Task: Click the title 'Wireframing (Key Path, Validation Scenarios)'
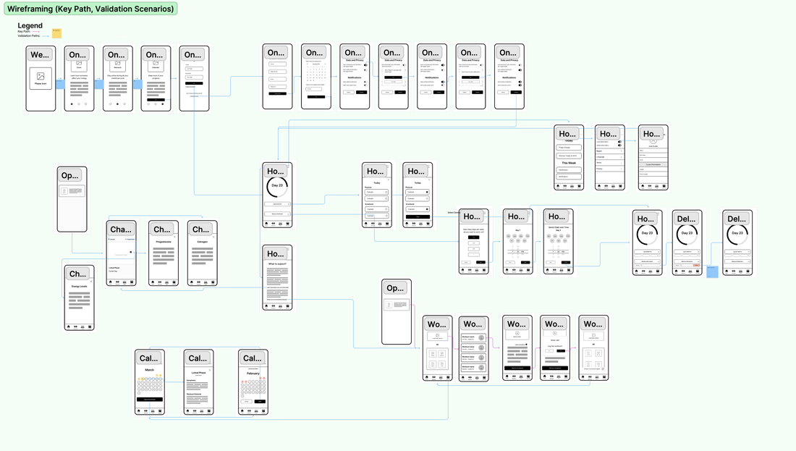[x=90, y=9]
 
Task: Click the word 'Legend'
[x=30, y=26]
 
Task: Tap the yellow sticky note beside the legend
[x=56, y=33]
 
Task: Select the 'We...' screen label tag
[x=40, y=55]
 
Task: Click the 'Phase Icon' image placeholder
[x=41, y=78]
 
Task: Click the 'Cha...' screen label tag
[x=121, y=229]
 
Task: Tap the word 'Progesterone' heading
[x=164, y=243]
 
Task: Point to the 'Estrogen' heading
[x=202, y=243]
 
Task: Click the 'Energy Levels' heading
[x=79, y=287]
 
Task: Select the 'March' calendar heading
[x=149, y=370]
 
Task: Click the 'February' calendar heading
[x=253, y=374]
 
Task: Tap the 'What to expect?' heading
[x=277, y=264]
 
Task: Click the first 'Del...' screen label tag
[x=687, y=219]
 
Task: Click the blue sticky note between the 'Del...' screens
[x=712, y=271]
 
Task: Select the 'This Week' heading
[x=569, y=163]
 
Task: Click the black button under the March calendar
[x=150, y=400]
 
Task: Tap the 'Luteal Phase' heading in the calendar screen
[x=198, y=373]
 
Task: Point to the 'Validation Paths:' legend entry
[x=29, y=35]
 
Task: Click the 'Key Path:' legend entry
[x=24, y=31]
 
